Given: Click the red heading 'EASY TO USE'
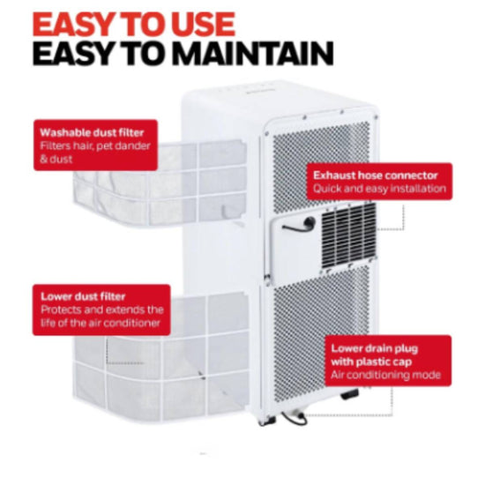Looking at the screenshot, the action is pyautogui.click(x=134, y=25).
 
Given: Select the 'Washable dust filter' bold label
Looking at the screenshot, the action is pyautogui.click(x=92, y=132).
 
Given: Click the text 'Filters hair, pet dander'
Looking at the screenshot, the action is pyautogui.click(x=95, y=145).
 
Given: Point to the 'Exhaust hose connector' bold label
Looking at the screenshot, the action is pyautogui.click(x=376, y=175).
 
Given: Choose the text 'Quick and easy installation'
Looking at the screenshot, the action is pyautogui.click(x=379, y=189).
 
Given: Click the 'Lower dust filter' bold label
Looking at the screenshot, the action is pyautogui.click(x=83, y=296).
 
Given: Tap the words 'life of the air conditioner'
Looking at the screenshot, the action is pyautogui.click(x=101, y=323).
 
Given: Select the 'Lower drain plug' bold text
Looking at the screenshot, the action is pyautogui.click(x=375, y=348).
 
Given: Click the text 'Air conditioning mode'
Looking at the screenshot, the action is pyautogui.click(x=385, y=375).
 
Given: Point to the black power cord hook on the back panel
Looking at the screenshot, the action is pyautogui.click(x=300, y=225).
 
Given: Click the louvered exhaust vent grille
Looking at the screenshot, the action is pyautogui.click(x=348, y=235).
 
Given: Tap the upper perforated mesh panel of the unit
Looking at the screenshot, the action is pyautogui.click(x=321, y=166).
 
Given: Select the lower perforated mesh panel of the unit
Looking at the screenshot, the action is pyautogui.click(x=322, y=336).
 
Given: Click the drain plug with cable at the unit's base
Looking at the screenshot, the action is pyautogui.click(x=295, y=416).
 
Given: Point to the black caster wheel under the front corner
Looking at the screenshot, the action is pyautogui.click(x=349, y=394).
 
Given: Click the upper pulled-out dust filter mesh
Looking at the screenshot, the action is pyautogui.click(x=160, y=183).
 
